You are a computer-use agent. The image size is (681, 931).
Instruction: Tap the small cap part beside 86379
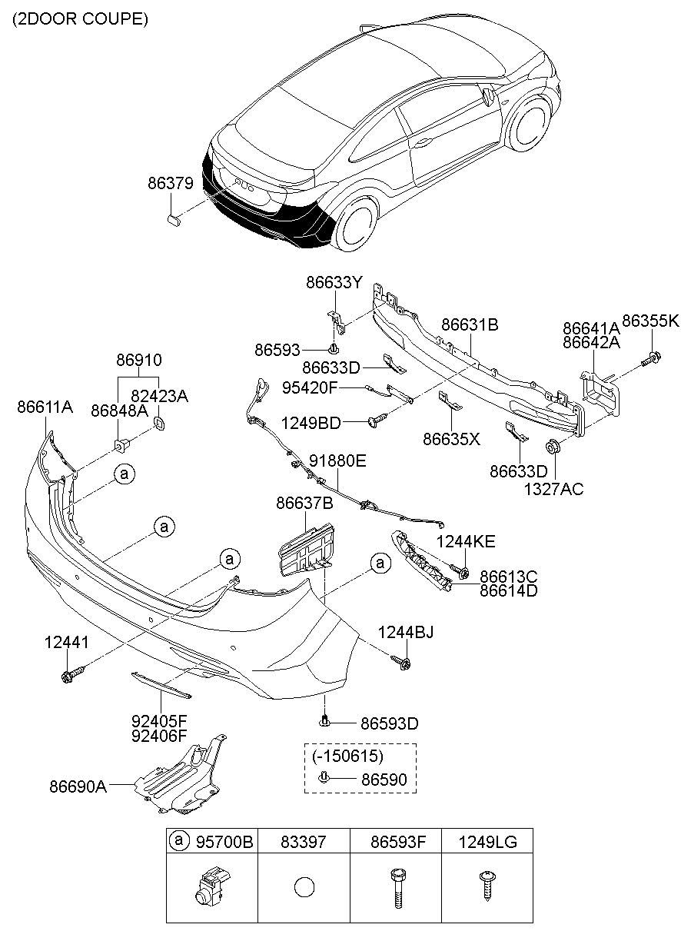pyautogui.click(x=174, y=221)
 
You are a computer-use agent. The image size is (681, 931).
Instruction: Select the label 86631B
pyautogui.click(x=470, y=325)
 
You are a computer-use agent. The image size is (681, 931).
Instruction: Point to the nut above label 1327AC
pyautogui.click(x=552, y=447)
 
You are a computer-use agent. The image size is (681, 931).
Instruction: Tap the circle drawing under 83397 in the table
pyautogui.click(x=304, y=887)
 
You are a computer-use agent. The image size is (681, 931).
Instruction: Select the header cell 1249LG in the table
pyautogui.click(x=487, y=842)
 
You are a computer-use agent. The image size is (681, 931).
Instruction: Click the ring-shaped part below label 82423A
pyautogui.click(x=161, y=424)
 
